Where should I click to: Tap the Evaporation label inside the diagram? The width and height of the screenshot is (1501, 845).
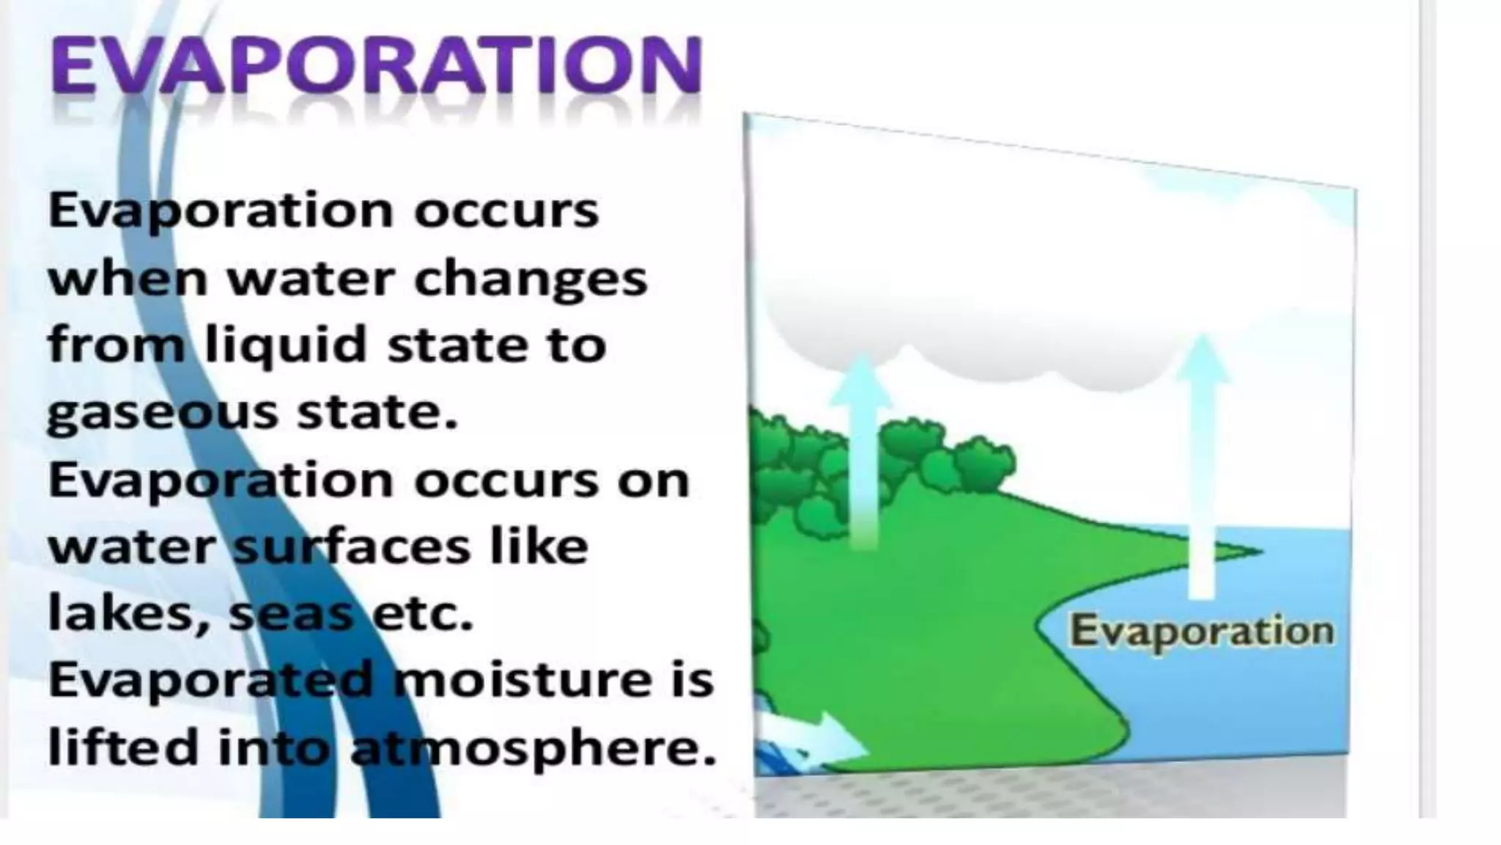point(1201,632)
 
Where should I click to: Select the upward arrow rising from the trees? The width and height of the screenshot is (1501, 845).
point(863,447)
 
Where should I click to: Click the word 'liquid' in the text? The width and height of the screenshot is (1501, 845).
point(285,345)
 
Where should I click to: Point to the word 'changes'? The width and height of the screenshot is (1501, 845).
point(531,279)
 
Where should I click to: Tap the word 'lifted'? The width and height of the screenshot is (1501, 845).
point(121,747)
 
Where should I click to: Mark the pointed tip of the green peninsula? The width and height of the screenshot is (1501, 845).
point(1258,550)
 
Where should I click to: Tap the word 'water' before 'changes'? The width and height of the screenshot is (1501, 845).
point(311,279)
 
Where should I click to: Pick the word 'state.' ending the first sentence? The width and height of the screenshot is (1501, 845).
point(377,413)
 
